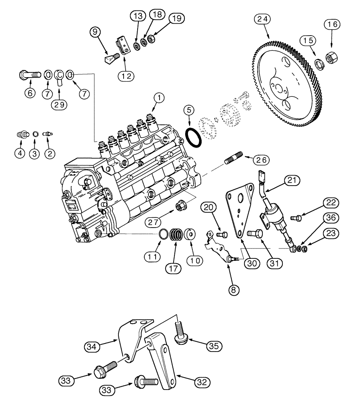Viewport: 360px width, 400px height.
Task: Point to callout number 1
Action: pyautogui.click(x=159, y=97)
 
